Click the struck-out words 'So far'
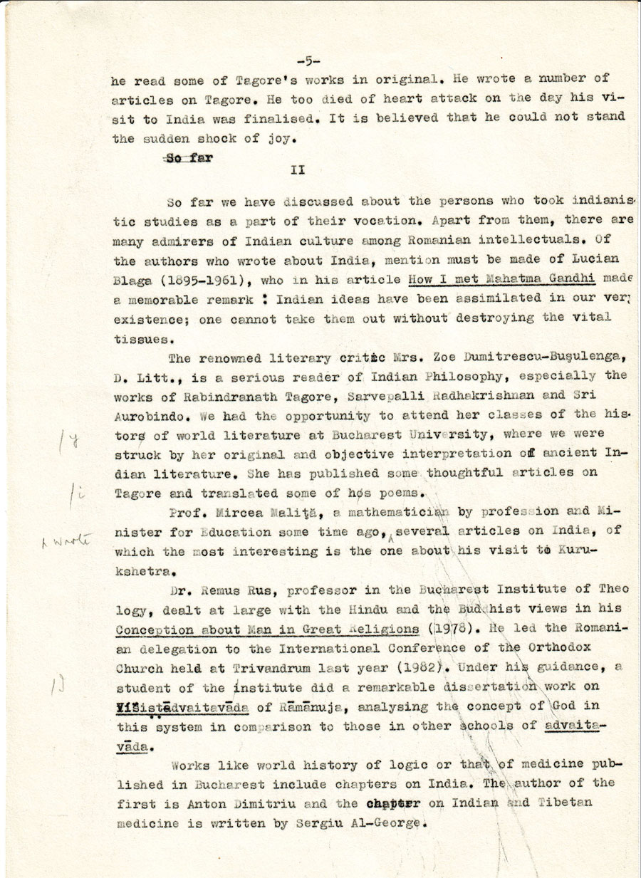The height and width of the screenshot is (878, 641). click(x=189, y=158)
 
